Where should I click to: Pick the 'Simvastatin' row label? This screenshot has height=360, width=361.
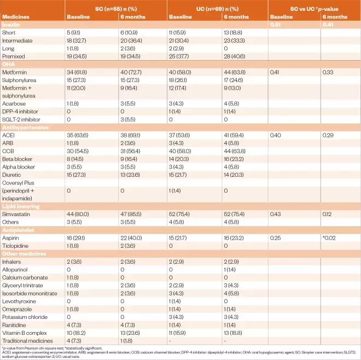(16, 215)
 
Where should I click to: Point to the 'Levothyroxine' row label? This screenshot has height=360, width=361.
(19, 301)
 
